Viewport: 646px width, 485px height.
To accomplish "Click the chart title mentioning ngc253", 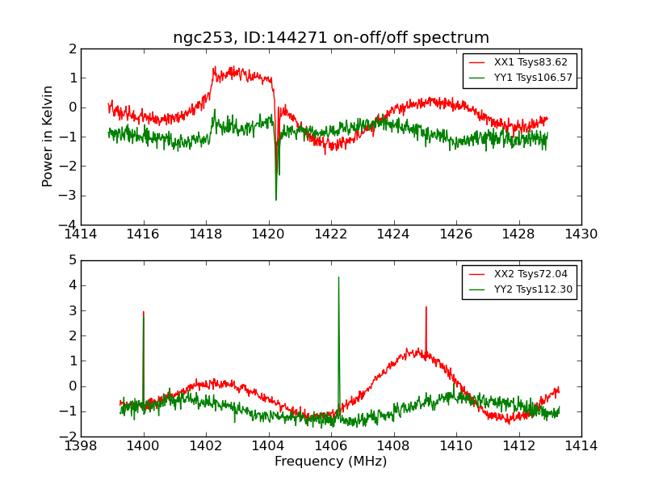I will coord(331,38).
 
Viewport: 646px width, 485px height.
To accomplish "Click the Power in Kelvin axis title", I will coord(48,136).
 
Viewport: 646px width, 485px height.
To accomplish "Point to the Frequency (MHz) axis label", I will coord(331,462).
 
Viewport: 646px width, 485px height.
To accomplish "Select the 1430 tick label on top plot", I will coord(581,234).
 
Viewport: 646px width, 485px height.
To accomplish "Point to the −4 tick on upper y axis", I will coord(70,225).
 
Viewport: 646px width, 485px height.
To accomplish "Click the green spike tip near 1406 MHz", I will coord(338,277).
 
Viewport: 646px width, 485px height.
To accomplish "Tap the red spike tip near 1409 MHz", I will coord(426,307).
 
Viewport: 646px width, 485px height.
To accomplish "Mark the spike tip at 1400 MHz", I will coord(144,312).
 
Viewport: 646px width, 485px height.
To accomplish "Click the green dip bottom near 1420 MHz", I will coord(276,200).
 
